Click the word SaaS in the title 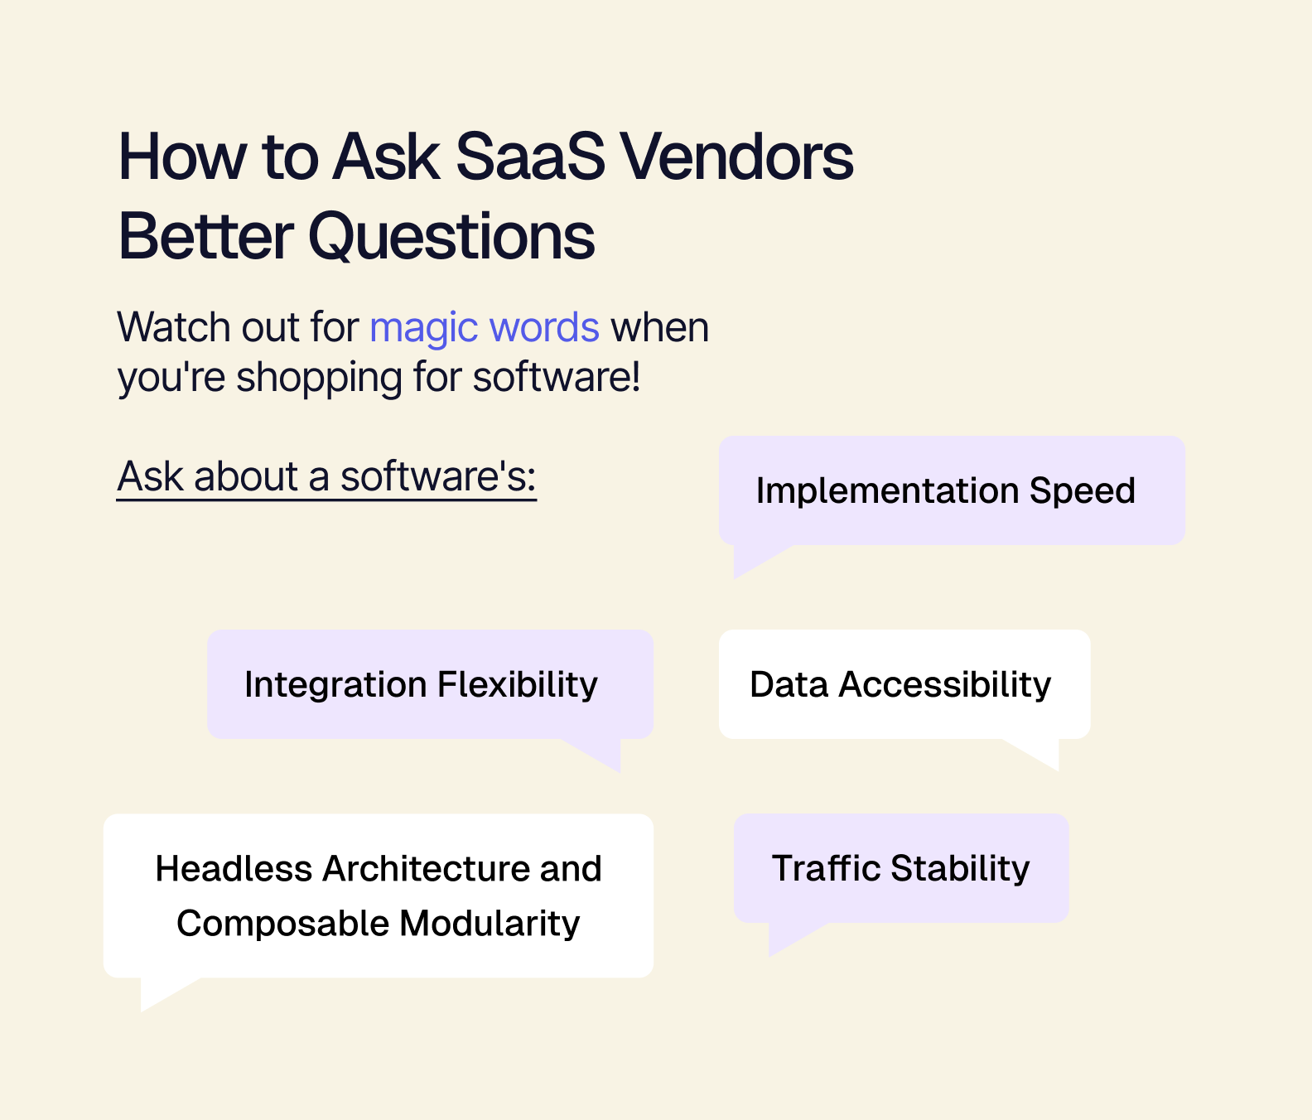pyautogui.click(x=531, y=157)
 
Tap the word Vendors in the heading pyautogui.click(x=737, y=157)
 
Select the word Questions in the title pyautogui.click(x=451, y=236)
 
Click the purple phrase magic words pyautogui.click(x=485, y=328)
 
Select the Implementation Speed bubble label pyautogui.click(x=945, y=490)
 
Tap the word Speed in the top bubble pyautogui.click(x=1082, y=490)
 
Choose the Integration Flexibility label pyautogui.click(x=421, y=685)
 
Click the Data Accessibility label pyautogui.click(x=900, y=685)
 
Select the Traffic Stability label pyautogui.click(x=900, y=868)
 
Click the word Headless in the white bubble pyautogui.click(x=234, y=869)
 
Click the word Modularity pyautogui.click(x=490, y=924)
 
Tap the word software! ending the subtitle pyautogui.click(x=557, y=378)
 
